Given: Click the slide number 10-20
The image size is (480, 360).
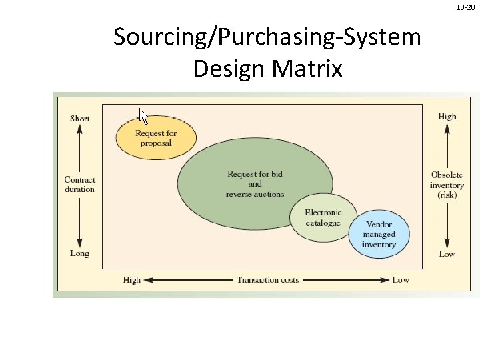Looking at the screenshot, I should [465, 7].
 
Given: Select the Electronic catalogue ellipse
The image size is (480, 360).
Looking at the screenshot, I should [323, 217].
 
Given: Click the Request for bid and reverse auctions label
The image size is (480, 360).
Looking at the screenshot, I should [255, 184].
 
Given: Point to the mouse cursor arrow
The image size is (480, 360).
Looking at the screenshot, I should [143, 115].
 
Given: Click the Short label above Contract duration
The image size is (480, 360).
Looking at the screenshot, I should [79, 119].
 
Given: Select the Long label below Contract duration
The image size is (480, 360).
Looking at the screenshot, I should [79, 253].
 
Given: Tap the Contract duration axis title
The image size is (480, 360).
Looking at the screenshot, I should [80, 184].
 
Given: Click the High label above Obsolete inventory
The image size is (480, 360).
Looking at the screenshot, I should [447, 116].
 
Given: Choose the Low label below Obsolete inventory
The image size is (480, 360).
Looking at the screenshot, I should [447, 254].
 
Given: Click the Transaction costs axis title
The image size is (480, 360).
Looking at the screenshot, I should [268, 280].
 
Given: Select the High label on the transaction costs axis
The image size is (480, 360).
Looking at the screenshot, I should [132, 280].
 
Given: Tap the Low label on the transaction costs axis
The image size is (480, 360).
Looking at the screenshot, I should [401, 280].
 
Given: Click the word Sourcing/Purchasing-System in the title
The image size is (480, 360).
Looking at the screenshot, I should [267, 37].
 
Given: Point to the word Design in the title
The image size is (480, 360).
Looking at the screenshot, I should [225, 68].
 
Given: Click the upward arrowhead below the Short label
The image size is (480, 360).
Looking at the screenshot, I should [79, 129].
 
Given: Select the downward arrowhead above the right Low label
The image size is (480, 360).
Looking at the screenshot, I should [447, 243].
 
